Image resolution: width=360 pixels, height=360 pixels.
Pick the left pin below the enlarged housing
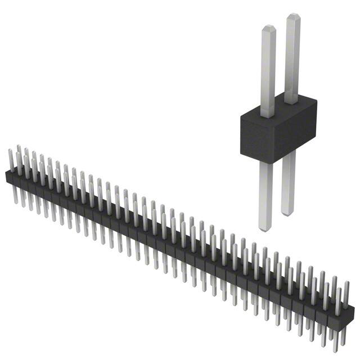(x=265, y=194)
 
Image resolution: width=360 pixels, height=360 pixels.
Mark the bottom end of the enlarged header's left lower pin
(x=265, y=228)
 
